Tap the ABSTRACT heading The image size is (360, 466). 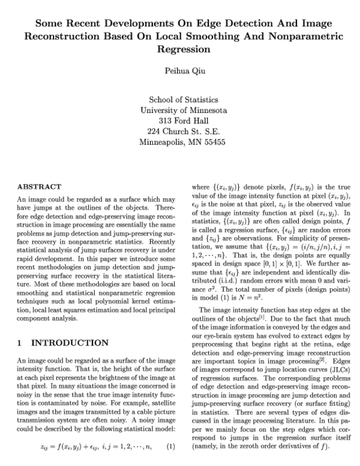39,187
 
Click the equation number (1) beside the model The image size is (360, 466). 170,447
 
